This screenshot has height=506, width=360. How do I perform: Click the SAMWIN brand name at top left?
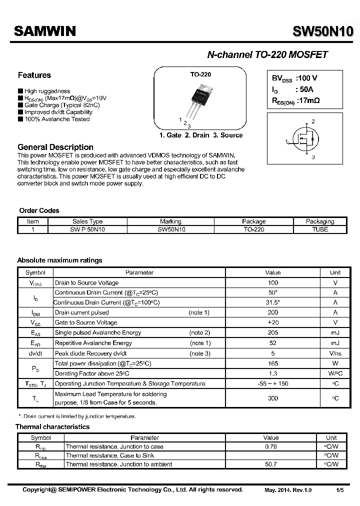44,31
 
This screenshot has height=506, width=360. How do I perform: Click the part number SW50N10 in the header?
323,31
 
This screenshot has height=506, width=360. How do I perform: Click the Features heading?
34,75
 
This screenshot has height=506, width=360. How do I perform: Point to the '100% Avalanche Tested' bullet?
56,119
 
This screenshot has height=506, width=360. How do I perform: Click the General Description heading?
55,147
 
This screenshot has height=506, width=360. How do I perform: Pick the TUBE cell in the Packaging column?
319,229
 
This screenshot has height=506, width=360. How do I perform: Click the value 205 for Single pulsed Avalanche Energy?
273,333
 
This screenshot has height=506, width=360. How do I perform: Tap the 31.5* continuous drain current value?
273,302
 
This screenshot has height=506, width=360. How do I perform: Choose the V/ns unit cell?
335,353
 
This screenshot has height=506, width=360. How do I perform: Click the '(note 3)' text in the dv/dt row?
199,353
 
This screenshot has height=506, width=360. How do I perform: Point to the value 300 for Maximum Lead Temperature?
273,398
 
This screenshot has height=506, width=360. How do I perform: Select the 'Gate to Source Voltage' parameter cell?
86,323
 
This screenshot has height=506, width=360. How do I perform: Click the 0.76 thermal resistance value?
270,446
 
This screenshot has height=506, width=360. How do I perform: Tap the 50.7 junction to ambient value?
270,464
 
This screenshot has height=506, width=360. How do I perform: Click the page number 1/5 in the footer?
339,490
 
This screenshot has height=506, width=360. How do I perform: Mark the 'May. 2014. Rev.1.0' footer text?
287,490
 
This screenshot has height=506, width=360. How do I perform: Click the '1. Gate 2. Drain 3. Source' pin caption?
201,135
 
